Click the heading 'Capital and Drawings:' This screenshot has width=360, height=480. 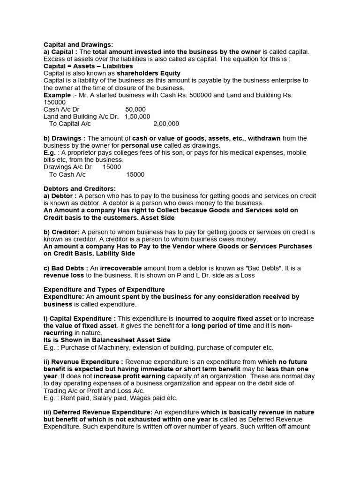(78, 44)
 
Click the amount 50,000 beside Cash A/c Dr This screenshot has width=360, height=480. (135, 109)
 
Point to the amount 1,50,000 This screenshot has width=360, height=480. (137, 117)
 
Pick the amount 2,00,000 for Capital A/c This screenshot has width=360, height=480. (166, 124)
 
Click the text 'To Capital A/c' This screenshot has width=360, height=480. (70, 124)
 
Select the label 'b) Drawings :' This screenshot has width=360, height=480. (65, 138)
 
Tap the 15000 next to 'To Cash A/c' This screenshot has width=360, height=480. (135, 174)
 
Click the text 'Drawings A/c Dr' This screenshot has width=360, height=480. (67, 167)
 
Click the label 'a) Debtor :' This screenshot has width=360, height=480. (60, 196)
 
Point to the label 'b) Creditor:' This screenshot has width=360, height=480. (62, 232)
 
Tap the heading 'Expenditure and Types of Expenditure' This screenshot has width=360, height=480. (104, 290)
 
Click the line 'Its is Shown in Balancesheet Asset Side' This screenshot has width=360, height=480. (107, 340)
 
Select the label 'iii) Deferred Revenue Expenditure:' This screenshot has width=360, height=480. (97, 412)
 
